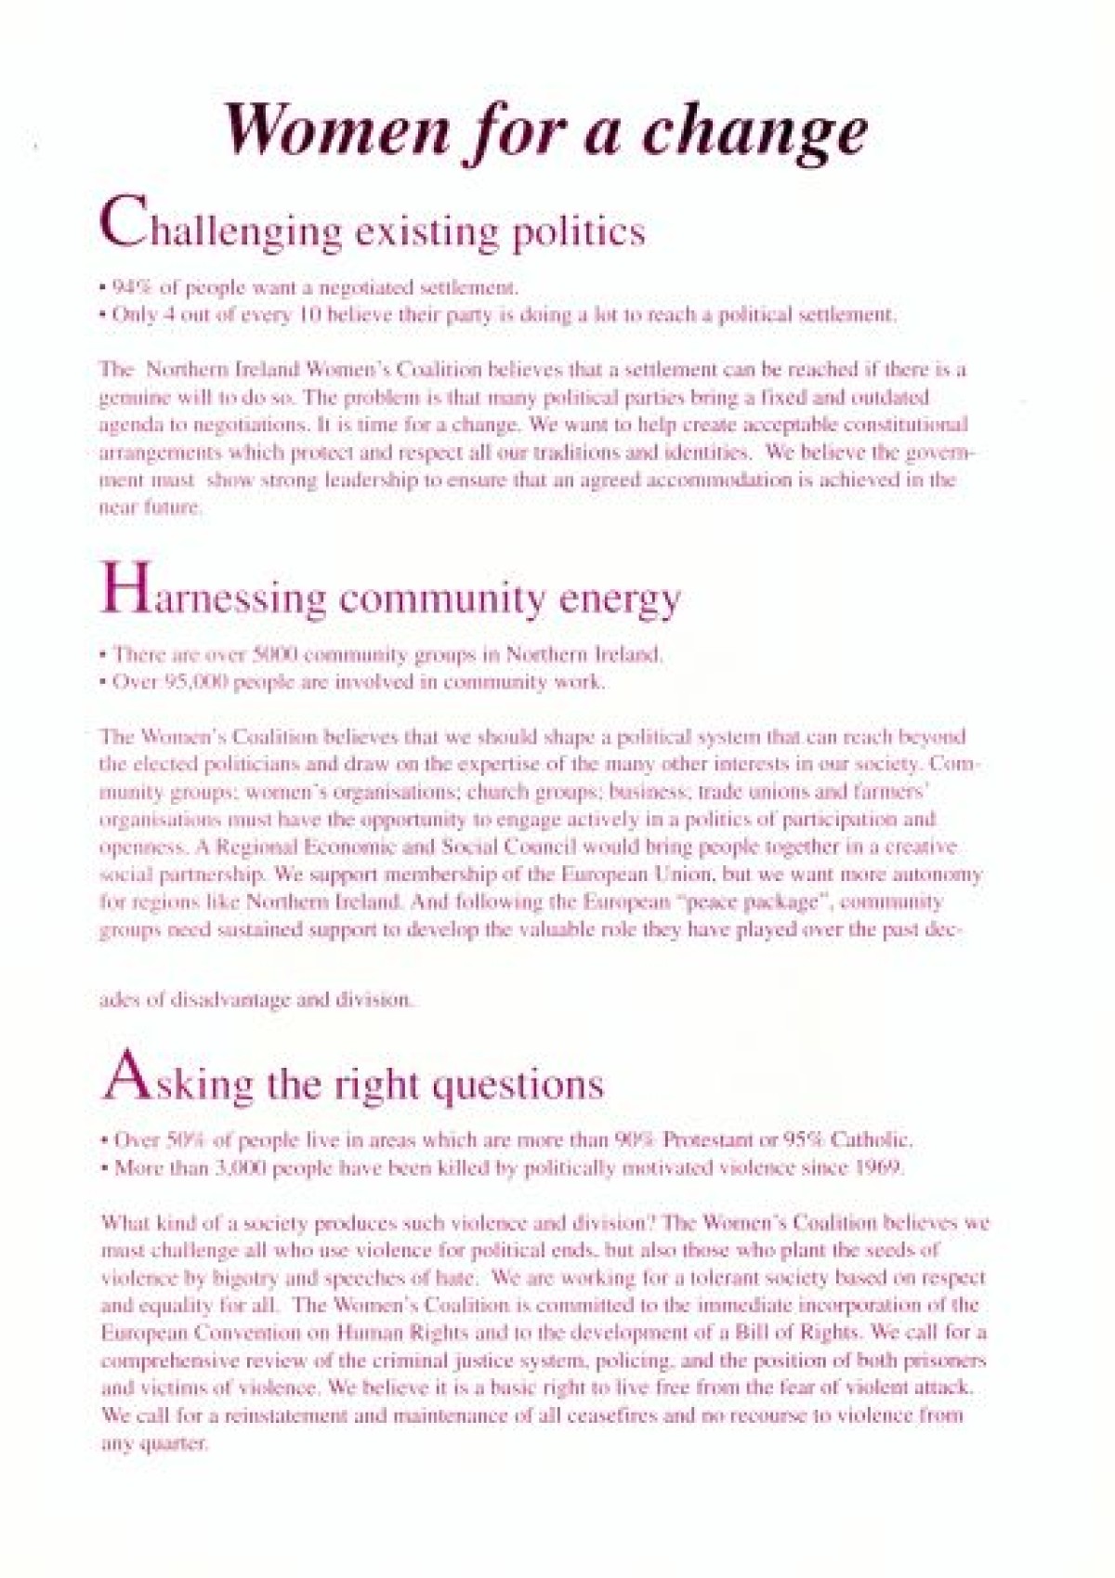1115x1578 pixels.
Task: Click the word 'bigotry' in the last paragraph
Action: click(218, 1278)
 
